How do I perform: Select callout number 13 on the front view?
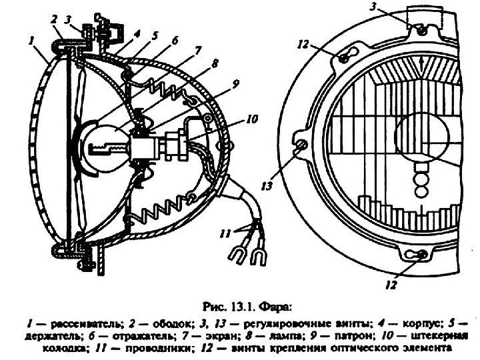[267, 187]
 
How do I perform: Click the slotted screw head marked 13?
[300, 145]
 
